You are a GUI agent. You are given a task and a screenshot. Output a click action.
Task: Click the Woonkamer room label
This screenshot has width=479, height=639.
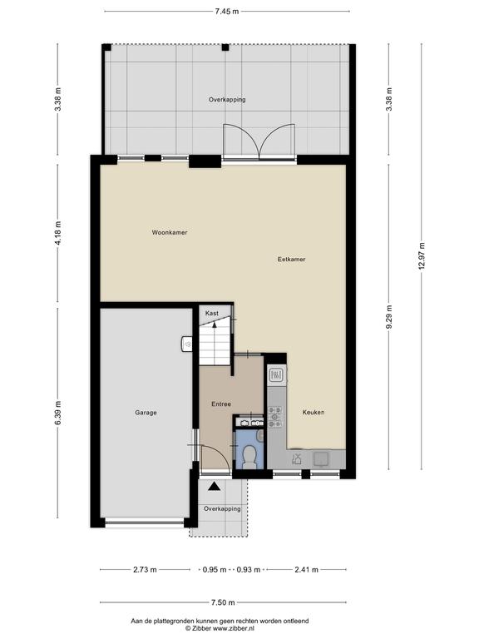(170, 232)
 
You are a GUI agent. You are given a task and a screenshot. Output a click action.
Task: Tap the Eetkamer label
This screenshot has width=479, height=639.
(291, 260)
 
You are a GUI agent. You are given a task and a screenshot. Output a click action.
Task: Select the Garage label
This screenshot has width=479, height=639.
(146, 413)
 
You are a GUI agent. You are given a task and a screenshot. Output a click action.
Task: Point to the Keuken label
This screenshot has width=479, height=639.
(314, 413)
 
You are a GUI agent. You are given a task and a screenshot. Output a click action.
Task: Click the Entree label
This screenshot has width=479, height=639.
(221, 404)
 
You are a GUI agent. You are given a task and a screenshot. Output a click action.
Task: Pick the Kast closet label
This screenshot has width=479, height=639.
(212, 314)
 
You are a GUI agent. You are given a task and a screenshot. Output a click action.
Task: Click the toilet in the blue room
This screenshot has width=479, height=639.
(249, 456)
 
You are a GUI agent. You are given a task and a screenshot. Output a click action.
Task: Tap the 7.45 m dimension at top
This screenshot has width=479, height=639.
(227, 12)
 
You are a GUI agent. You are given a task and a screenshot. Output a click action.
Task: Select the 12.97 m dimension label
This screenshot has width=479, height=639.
(422, 256)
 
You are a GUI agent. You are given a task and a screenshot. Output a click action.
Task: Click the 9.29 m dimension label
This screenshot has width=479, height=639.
(389, 317)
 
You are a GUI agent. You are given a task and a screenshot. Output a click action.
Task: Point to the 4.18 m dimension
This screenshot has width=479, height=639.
(58, 233)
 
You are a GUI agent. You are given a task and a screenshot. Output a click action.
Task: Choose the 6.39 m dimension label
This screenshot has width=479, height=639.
(58, 414)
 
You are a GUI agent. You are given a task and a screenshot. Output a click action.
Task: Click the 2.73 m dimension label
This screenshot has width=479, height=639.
(145, 570)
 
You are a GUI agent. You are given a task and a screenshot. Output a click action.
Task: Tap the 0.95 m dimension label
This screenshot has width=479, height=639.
(215, 570)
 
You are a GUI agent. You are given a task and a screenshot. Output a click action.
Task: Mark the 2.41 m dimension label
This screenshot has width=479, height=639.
(306, 570)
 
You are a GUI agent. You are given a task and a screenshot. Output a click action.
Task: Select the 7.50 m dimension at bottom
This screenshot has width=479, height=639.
(223, 602)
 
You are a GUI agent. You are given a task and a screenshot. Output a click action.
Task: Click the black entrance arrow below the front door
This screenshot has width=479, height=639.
(215, 486)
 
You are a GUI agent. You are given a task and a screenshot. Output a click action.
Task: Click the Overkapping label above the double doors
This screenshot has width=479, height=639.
(227, 100)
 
